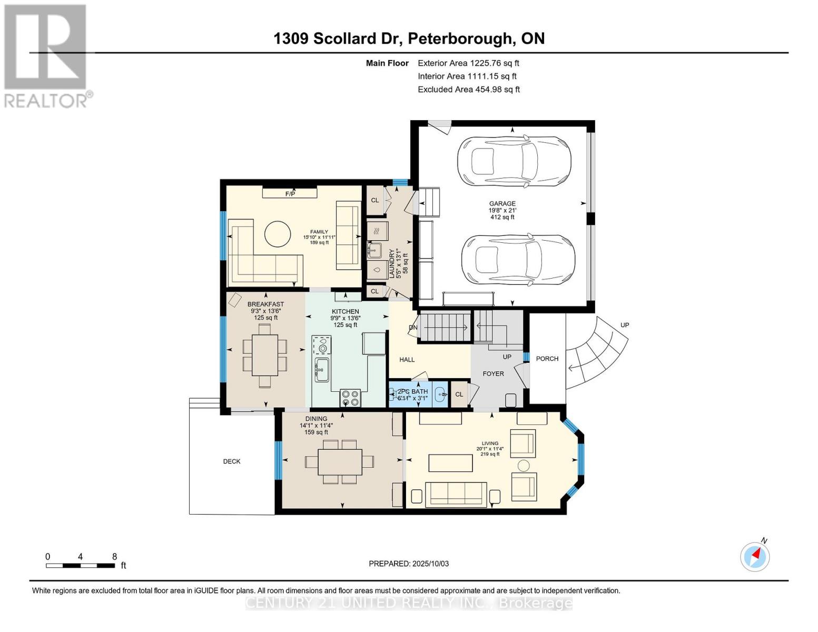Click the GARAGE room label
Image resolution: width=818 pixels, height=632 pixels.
[502, 204]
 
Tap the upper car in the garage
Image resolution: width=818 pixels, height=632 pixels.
[514, 162]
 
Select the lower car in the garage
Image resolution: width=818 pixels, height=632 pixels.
[518, 260]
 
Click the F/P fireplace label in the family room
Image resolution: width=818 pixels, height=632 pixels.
[290, 194]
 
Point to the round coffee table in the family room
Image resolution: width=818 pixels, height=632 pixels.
[277, 233]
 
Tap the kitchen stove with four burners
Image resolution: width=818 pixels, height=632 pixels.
[350, 398]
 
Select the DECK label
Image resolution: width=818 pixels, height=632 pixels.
[232, 461]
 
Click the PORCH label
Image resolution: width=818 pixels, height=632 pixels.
[547, 359]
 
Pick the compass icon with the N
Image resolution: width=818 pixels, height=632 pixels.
[755, 557]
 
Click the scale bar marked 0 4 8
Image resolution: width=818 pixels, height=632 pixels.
[81, 566]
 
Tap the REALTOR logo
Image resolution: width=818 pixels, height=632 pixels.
[46, 55]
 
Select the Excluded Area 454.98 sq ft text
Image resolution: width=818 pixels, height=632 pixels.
[469, 90]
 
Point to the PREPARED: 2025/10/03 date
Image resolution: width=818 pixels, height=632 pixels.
[409, 564]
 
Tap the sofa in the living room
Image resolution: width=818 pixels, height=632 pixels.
[456, 494]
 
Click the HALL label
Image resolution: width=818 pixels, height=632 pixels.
[407, 360]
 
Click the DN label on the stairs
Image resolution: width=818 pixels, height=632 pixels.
[413, 328]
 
